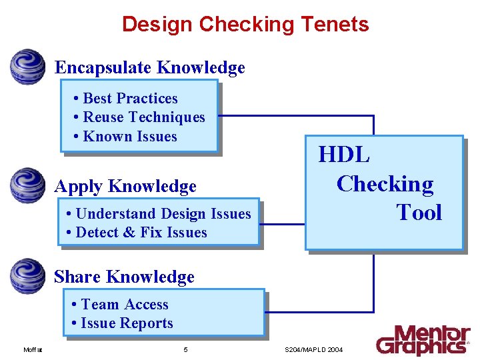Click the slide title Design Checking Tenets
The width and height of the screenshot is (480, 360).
click(245, 25)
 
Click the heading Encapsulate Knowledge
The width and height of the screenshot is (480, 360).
click(149, 67)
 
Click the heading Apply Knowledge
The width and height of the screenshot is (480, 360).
click(125, 186)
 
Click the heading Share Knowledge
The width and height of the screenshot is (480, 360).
click(124, 277)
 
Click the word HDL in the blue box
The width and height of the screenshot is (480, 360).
click(344, 155)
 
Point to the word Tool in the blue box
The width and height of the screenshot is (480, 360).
click(419, 213)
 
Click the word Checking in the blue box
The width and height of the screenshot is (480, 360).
click(385, 183)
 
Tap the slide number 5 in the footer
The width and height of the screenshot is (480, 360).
click(185, 349)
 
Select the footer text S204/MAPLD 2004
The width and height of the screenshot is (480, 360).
click(313, 349)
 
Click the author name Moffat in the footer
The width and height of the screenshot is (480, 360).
click(33, 349)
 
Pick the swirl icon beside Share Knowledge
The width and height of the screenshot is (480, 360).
click(28, 276)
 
